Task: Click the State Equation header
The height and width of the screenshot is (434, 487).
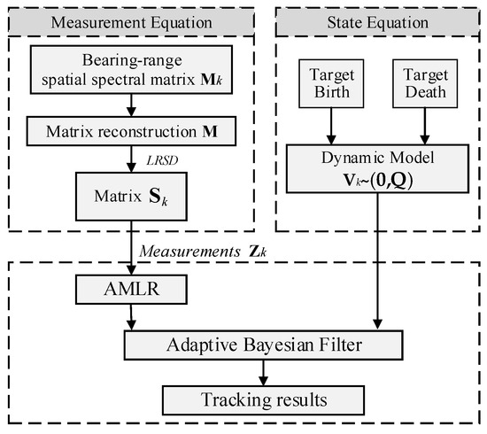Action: [376, 19]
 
